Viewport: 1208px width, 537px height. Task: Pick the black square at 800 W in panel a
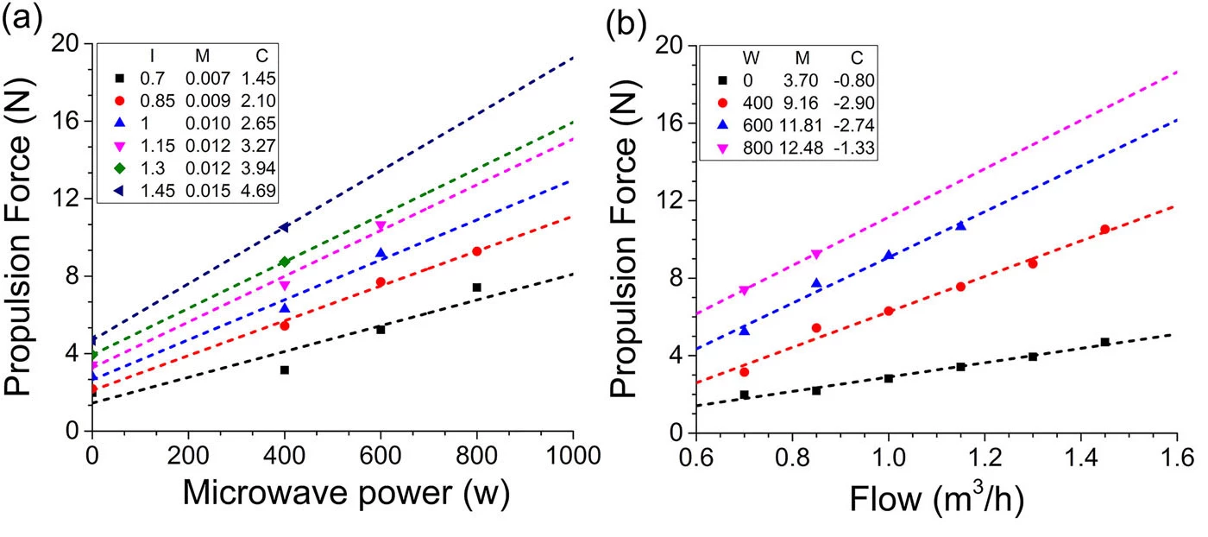(476, 287)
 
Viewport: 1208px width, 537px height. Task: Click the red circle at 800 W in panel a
(476, 251)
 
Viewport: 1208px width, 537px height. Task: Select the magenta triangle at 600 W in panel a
(381, 226)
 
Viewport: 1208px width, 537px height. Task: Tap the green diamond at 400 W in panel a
(285, 262)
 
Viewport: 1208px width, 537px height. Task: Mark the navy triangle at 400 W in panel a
(284, 228)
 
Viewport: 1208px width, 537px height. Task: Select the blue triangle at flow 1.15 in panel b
(960, 225)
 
